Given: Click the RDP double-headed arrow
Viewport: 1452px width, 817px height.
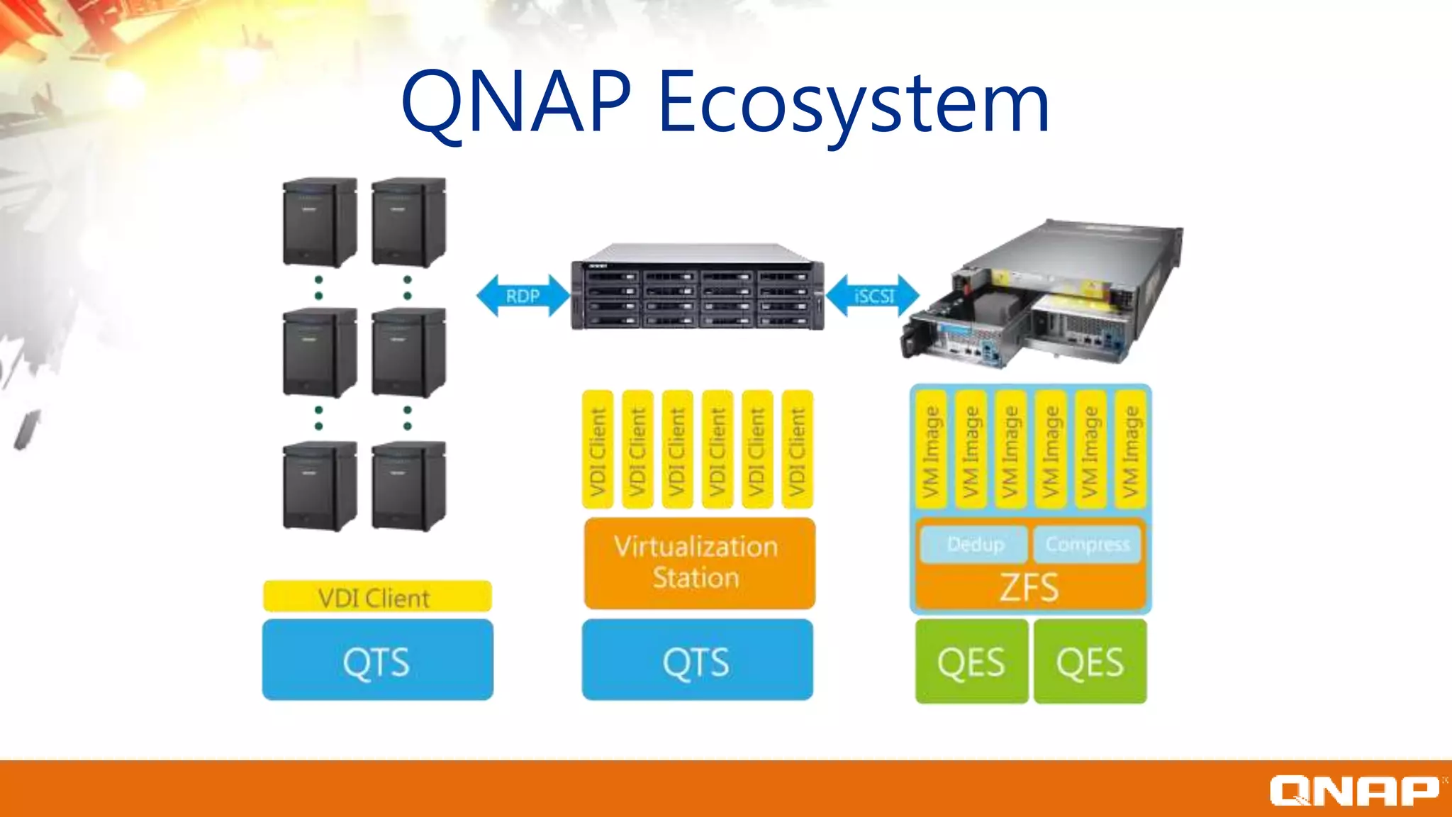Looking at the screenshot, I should pos(523,296).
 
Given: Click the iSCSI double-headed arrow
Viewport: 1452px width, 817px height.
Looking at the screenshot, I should pos(873,296).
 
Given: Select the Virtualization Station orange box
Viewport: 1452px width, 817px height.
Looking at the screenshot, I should pos(698,562).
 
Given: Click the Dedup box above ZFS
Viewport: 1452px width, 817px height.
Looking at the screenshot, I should pos(975,544).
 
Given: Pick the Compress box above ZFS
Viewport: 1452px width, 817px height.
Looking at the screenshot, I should pos(1087,544).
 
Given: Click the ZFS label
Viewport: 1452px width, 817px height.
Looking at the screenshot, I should pos(1029,587).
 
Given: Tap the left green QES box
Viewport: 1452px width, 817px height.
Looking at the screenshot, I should pos(971,662).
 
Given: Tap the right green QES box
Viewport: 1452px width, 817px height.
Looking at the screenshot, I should pos(1090,662).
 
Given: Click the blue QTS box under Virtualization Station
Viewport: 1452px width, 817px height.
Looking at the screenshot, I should pos(697,660).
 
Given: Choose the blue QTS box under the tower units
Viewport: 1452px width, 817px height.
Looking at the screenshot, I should pos(377,660).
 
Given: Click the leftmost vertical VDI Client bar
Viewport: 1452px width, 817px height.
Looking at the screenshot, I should pos(598,450).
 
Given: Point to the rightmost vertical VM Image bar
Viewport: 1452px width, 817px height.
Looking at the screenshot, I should pos(1130,450).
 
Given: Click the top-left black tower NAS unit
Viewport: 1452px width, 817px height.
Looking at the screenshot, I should pos(319,221).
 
